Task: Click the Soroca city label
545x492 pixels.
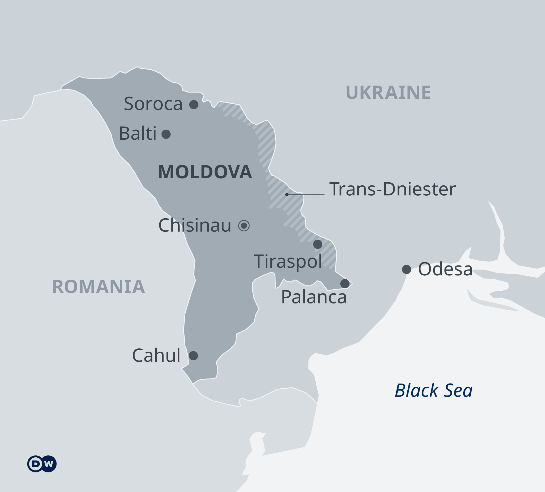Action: tap(153, 104)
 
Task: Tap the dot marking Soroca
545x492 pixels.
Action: tap(194, 104)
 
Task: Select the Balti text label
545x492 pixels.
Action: tap(138, 133)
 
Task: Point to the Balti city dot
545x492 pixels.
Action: tap(166, 134)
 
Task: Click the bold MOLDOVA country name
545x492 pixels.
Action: tap(205, 172)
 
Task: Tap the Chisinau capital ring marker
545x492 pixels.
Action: tap(244, 226)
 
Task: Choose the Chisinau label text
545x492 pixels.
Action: tap(195, 225)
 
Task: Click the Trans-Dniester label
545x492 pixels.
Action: tap(392, 189)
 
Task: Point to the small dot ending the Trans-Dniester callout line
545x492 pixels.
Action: tap(287, 194)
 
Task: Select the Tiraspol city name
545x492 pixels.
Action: tap(288, 261)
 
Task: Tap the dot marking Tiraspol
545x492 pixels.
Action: tap(318, 244)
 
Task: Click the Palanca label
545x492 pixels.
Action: tap(314, 297)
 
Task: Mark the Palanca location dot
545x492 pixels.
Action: tap(345, 283)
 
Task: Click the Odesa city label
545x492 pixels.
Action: tap(445, 269)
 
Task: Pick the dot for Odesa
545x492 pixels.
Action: tap(407, 269)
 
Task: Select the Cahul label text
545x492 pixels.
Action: tap(156, 355)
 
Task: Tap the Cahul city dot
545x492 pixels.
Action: tap(193, 355)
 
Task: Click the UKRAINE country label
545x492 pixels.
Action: tap(388, 93)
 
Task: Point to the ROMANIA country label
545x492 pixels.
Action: tap(98, 287)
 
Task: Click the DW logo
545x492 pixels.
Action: tap(42, 464)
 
